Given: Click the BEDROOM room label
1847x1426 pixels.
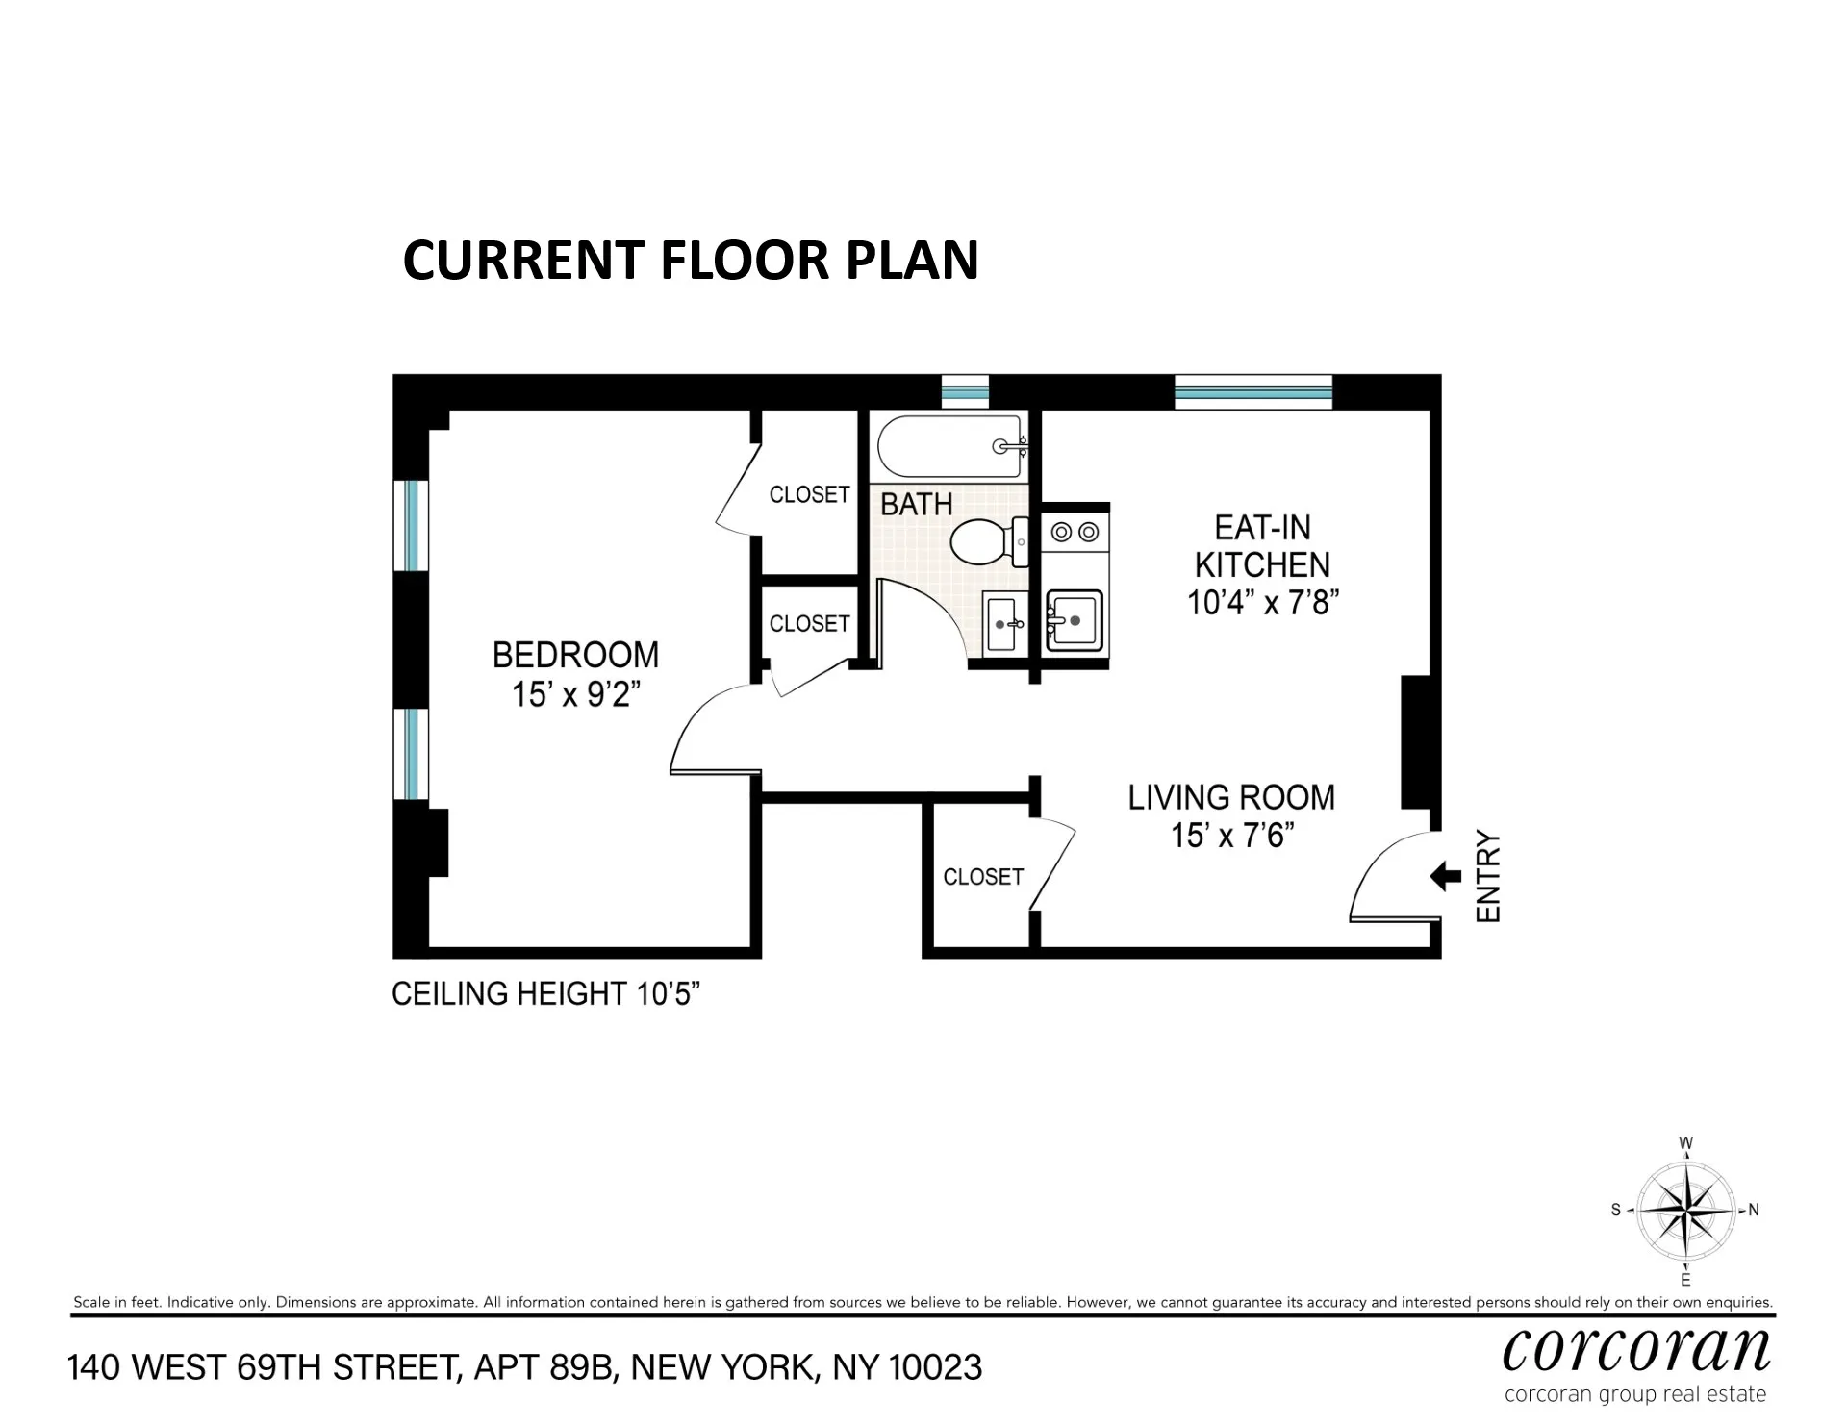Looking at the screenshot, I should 575,655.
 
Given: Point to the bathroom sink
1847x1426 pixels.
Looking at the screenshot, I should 1002,623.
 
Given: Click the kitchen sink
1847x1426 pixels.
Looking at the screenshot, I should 1074,620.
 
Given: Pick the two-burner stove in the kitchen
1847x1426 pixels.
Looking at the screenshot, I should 1075,532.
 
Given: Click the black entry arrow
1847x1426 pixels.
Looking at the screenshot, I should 1446,876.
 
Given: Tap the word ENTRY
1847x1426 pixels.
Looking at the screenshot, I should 1488,876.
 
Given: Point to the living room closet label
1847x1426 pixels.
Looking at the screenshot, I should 982,877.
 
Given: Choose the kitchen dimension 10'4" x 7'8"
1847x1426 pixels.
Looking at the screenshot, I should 1263,603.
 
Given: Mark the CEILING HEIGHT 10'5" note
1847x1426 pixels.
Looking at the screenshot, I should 544,993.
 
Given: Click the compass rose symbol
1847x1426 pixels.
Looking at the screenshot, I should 1685,1211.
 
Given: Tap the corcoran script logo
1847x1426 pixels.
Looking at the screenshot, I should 1635,1350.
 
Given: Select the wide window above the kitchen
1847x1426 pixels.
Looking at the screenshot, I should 1253,392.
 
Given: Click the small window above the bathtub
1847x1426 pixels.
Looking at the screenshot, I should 964,392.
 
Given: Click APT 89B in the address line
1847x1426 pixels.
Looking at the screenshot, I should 543,1367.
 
